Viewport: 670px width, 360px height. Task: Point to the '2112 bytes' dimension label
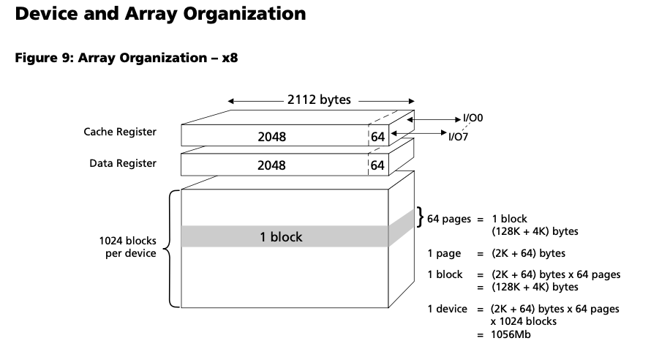320,100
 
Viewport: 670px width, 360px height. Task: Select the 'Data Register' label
123,163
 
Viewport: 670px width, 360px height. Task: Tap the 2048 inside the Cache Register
271,137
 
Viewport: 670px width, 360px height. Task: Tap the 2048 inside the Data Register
271,166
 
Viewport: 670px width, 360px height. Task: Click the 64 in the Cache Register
377,137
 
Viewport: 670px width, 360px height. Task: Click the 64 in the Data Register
377,166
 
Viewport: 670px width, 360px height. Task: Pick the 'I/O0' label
474,117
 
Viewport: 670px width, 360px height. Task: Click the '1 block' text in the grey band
281,237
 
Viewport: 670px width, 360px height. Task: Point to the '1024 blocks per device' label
127,247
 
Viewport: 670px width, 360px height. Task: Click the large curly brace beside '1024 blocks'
172,248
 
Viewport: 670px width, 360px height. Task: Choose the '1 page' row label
444,254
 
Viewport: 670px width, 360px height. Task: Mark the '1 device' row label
447,309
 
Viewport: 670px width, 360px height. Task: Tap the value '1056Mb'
510,334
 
